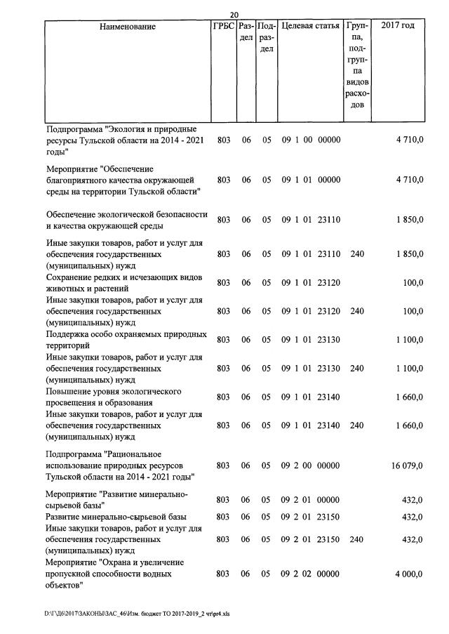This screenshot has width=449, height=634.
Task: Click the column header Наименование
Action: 128,27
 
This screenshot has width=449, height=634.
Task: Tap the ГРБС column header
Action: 223,27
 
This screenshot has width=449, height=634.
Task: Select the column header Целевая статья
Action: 310,27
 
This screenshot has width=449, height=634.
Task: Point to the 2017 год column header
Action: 398,27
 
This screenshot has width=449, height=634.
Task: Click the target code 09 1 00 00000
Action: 311,140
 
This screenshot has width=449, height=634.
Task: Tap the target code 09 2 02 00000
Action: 311,574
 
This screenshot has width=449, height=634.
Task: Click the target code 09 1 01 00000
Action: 311,180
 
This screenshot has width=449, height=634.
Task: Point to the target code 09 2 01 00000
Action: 311,500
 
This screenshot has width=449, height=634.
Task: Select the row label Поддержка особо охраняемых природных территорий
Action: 126,340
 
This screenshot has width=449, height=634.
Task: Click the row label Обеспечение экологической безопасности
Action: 126,220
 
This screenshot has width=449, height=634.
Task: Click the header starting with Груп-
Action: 357,27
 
